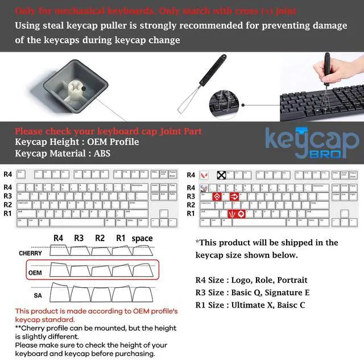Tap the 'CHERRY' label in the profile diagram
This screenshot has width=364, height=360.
[30, 253]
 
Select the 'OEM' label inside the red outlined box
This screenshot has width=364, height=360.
[35, 273]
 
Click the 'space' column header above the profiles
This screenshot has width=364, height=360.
[142, 238]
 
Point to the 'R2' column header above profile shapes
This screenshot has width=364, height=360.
[100, 238]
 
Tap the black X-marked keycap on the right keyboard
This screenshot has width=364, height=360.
[221, 175]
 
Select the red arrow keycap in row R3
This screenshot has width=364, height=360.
[234, 196]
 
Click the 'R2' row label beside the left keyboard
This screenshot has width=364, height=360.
[7, 205]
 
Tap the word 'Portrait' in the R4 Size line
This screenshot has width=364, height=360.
[291, 280]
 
